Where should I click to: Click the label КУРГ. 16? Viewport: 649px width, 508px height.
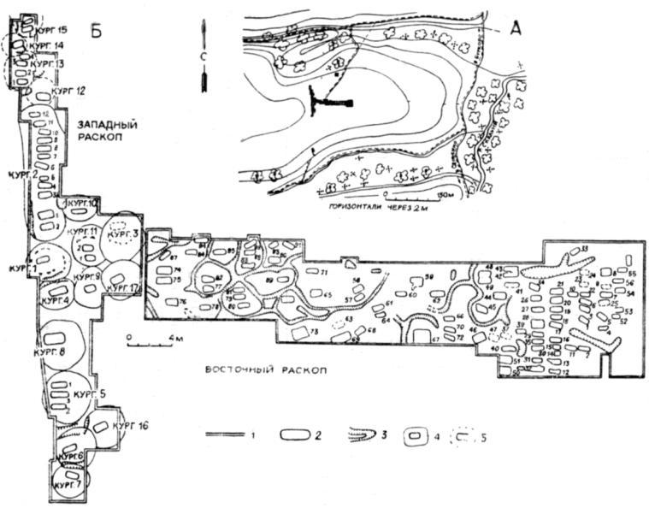pos(131,425)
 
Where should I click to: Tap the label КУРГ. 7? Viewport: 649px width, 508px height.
pos(67,485)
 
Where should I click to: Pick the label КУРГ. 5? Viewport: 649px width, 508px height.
pos(89,394)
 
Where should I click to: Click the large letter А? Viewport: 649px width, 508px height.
pos(514,28)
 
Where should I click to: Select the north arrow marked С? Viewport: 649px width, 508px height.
pos(204,56)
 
